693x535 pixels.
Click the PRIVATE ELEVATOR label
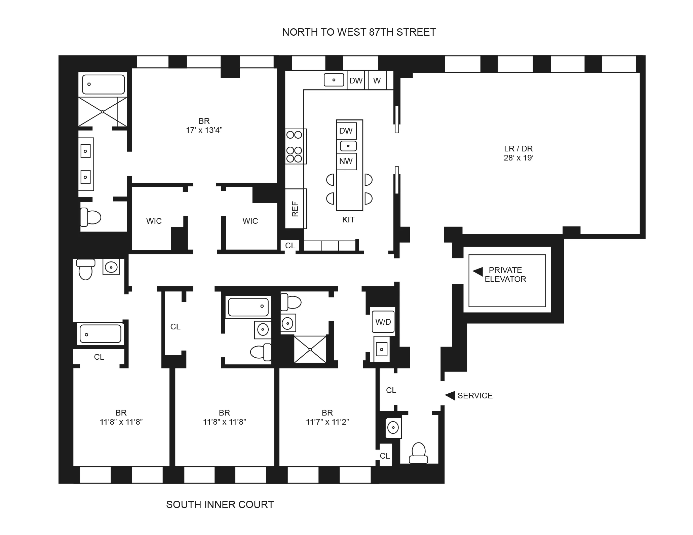click(505, 275)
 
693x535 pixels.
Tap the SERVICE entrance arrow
click(450, 395)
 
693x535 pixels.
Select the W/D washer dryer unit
click(383, 322)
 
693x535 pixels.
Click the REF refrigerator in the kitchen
click(295, 209)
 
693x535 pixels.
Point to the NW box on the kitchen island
click(346, 161)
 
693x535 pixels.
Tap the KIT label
click(348, 220)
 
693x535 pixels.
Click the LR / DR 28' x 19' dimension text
click(518, 158)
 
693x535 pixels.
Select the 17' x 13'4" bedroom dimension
click(204, 130)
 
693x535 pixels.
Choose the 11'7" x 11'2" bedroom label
click(327, 422)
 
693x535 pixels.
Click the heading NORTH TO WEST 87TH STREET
click(359, 32)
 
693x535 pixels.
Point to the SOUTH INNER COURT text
click(220, 505)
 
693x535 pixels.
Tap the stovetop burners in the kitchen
click(294, 147)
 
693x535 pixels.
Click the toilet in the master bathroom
click(90, 217)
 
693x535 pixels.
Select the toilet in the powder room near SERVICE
click(418, 453)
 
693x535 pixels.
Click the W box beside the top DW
click(377, 81)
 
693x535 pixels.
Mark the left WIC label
click(154, 221)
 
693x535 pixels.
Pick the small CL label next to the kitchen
click(290, 246)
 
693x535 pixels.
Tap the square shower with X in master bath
click(103, 112)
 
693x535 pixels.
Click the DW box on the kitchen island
click(346, 131)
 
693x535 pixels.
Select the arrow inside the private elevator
click(478, 272)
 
